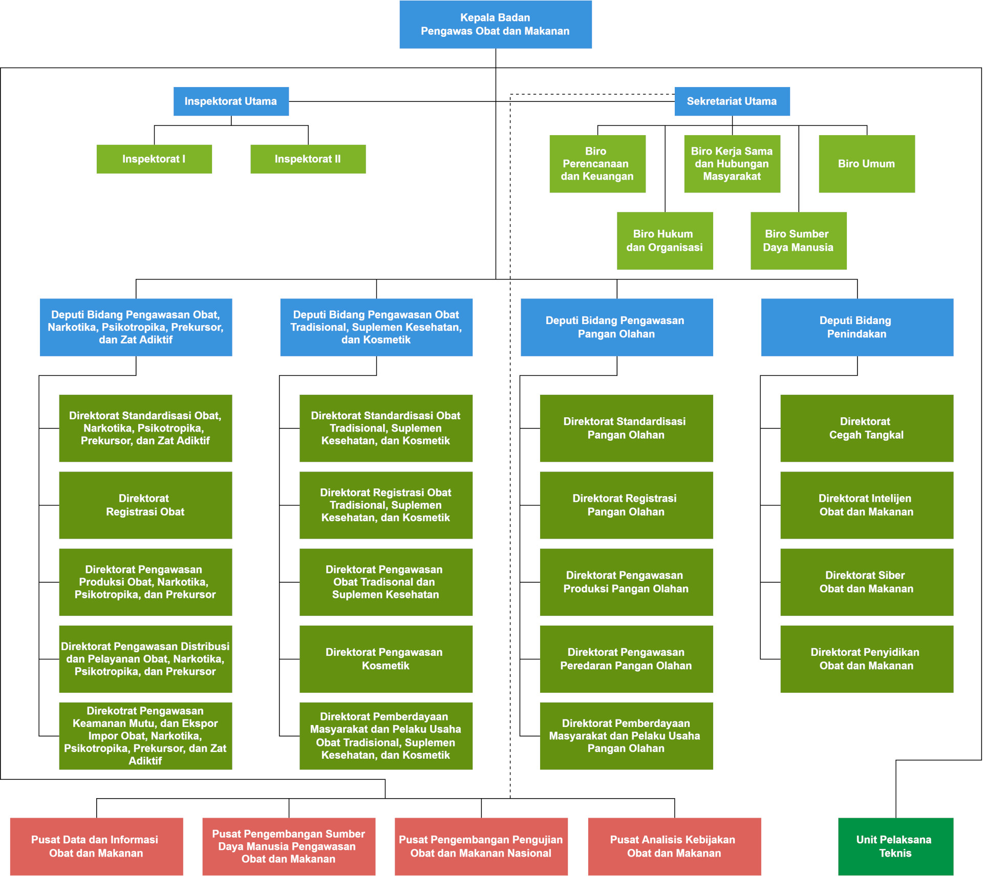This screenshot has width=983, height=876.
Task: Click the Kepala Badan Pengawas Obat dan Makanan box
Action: (495, 25)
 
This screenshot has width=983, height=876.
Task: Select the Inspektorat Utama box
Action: (231, 101)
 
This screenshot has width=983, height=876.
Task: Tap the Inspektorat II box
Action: (308, 159)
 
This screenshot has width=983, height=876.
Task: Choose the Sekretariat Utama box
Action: (732, 101)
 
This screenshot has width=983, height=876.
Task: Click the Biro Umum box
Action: (866, 164)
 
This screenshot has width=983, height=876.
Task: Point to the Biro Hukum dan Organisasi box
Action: (665, 241)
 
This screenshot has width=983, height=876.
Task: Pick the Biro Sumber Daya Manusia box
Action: (798, 241)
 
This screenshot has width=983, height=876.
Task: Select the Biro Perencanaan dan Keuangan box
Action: (597, 164)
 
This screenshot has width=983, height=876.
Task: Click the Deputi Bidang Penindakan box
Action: (857, 327)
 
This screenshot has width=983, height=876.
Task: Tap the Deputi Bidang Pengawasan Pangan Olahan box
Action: (616, 327)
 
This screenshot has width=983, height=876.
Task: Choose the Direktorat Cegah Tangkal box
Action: (866, 428)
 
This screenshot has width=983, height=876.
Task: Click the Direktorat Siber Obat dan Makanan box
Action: (866, 582)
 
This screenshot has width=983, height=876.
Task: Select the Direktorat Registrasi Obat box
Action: (145, 505)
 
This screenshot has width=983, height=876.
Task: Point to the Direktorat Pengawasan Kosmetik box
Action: (386, 659)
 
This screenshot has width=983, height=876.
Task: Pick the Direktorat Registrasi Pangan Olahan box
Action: (626, 505)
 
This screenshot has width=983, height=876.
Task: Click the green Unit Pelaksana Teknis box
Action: (895, 846)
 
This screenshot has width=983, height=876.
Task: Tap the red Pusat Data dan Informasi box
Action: (96, 846)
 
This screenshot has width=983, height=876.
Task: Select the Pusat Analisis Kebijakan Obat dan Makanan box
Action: (674, 846)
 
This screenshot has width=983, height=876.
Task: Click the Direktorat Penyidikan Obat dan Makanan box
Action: (866, 659)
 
